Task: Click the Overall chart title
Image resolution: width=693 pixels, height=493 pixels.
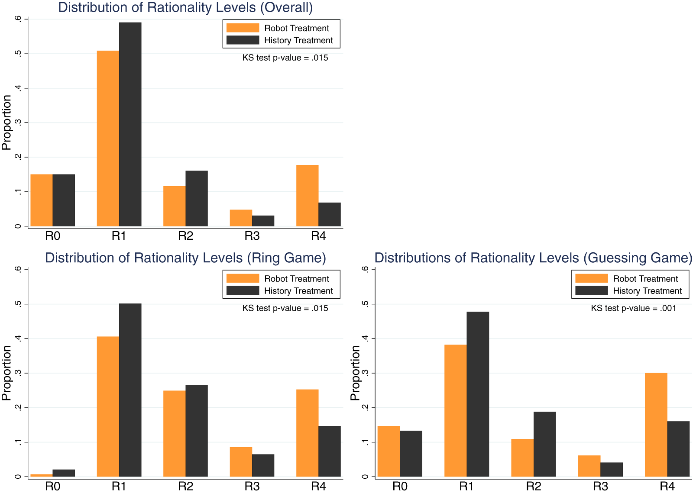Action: click(x=185, y=7)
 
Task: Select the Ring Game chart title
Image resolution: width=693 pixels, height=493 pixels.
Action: click(x=185, y=258)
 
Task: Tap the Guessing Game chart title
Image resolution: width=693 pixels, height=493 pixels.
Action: click(x=533, y=258)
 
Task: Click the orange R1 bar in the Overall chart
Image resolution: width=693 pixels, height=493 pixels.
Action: click(x=108, y=139)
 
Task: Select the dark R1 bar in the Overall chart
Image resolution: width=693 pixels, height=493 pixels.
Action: click(x=130, y=124)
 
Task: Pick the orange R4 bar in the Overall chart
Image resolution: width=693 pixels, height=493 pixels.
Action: click(x=308, y=196)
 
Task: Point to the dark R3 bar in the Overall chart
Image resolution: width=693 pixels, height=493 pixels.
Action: click(x=263, y=221)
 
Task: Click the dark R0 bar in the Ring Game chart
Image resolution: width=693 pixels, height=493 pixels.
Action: click(x=64, y=473)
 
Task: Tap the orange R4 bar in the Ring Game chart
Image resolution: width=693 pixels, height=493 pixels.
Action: click(x=308, y=433)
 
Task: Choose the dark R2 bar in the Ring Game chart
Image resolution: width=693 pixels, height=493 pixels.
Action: click(x=197, y=431)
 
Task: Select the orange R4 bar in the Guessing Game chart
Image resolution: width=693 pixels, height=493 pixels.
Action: click(x=656, y=425)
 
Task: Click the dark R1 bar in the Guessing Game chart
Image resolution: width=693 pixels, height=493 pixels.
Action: click(x=478, y=394)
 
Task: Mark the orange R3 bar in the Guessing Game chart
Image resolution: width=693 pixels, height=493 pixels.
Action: click(x=589, y=466)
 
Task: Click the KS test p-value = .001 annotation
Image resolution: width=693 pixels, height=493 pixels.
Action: click(x=633, y=308)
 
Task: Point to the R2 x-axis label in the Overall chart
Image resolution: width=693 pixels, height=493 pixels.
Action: click(x=185, y=236)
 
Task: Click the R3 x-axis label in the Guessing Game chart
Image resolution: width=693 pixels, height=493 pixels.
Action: click(x=600, y=487)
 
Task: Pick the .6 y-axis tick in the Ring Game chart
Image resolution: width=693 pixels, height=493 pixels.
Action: click(x=18, y=269)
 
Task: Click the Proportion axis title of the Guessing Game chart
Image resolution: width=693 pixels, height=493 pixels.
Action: click(x=355, y=373)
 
